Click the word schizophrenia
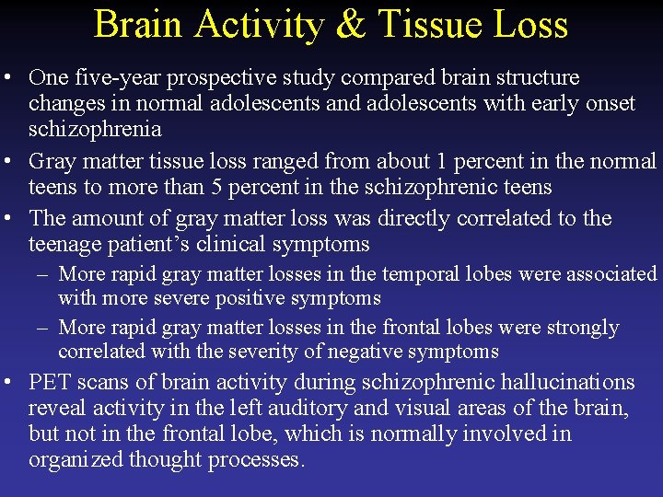tap(95, 129)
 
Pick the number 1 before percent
tap(443, 162)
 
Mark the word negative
tap(372, 352)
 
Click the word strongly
tap(583, 328)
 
